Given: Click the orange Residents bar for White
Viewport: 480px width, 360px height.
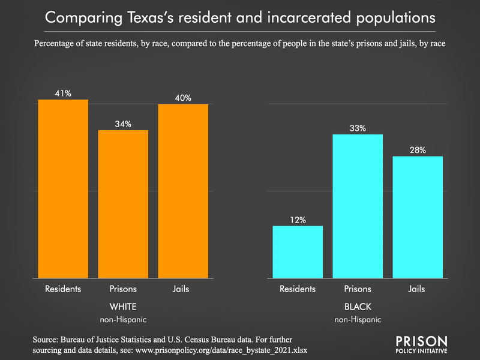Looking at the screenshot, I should (x=63, y=189).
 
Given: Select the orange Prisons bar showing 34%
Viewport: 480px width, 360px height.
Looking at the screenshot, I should (x=123, y=204).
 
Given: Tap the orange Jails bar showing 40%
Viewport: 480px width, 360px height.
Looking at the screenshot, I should (x=183, y=191).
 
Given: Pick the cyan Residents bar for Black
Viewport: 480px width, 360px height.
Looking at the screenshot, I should (x=298, y=252).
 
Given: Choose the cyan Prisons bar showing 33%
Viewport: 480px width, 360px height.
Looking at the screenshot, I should (x=358, y=206).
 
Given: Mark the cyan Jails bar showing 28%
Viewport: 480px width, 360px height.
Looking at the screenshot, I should (x=418, y=217).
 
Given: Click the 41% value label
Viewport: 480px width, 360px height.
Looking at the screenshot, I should (x=63, y=94).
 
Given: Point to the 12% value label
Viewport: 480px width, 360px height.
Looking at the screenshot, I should (x=298, y=220).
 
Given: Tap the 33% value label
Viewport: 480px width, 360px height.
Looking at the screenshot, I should (x=358, y=128).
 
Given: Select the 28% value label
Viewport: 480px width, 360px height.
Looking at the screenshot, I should (x=418, y=151).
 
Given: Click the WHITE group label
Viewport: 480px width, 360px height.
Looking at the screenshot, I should (x=123, y=306).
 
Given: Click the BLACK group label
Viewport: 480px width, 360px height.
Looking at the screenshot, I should (x=358, y=306).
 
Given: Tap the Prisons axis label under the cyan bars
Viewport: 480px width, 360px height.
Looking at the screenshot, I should (x=358, y=289).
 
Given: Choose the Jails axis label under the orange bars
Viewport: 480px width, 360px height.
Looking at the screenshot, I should (x=183, y=289).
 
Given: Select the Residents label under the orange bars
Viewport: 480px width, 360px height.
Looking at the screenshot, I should (x=63, y=289).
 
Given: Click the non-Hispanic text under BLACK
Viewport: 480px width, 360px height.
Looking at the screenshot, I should (x=358, y=319).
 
